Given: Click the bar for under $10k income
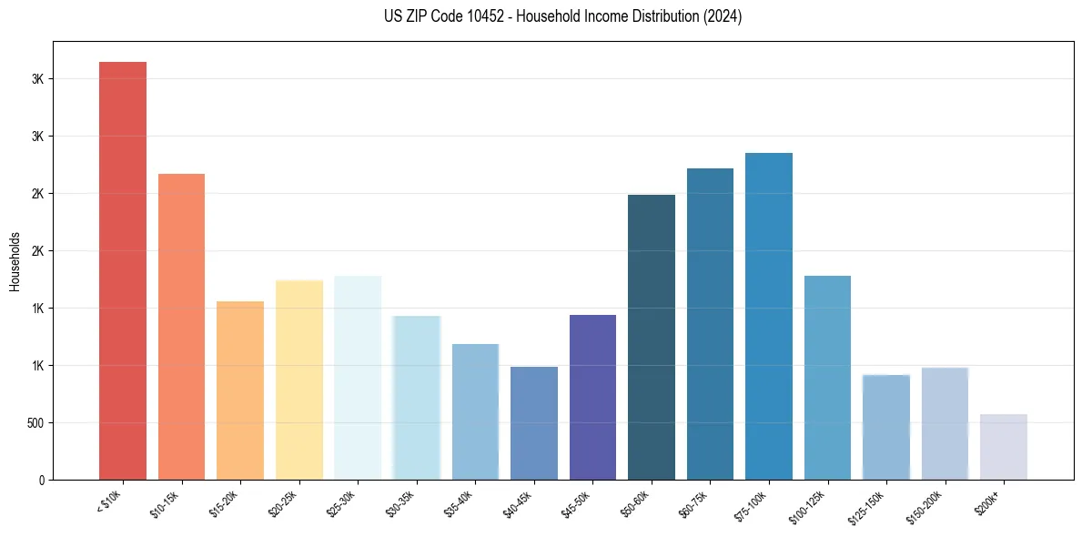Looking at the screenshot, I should click(123, 270).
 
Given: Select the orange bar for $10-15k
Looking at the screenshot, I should click(181, 326).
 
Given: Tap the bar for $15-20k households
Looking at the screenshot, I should click(240, 390).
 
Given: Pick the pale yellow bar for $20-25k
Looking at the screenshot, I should click(298, 380).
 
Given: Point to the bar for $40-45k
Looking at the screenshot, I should click(534, 422).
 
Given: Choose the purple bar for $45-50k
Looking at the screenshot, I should click(592, 397).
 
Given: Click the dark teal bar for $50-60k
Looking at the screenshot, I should click(652, 337).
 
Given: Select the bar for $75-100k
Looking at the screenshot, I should click(769, 316).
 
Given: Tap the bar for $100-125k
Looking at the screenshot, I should click(827, 377).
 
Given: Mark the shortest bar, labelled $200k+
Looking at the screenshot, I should click(1004, 447).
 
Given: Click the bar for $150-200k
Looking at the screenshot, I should click(945, 423).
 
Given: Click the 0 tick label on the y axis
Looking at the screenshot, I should click(42, 480).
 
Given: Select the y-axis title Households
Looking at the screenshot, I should click(15, 260).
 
